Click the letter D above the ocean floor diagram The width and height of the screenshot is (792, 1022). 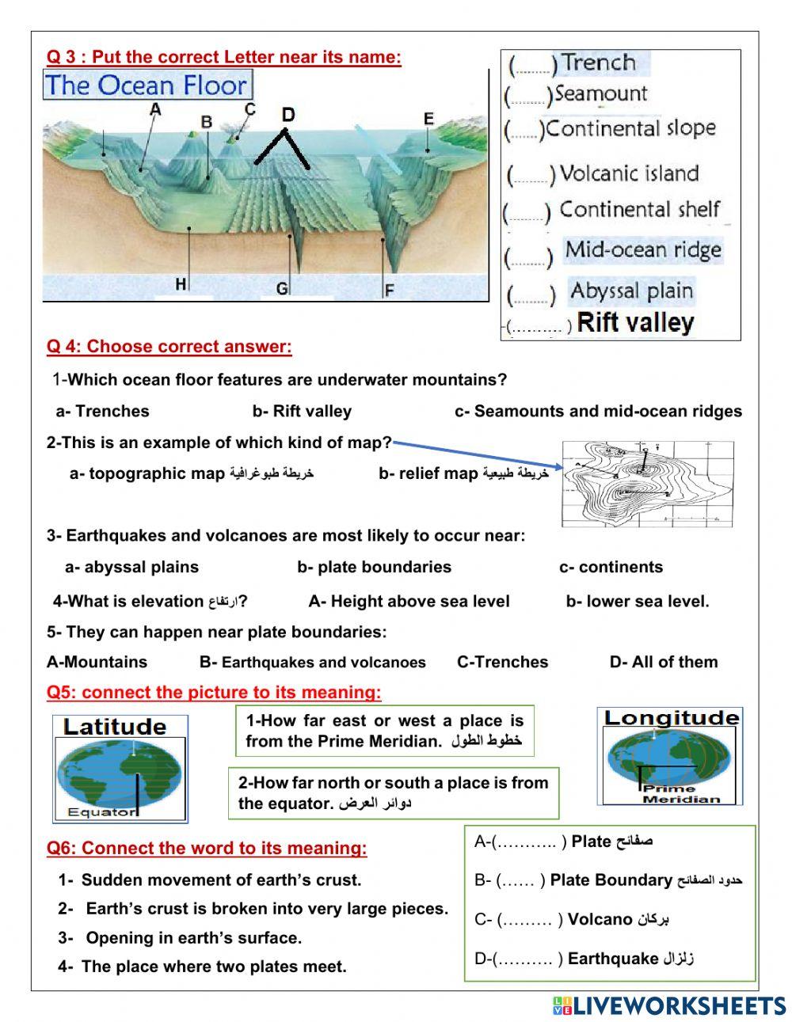click(287, 115)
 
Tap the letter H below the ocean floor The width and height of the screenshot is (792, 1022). click(181, 284)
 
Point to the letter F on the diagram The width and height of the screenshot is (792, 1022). click(389, 291)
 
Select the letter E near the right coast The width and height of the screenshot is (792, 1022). click(428, 119)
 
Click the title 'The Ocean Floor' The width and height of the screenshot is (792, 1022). click(147, 85)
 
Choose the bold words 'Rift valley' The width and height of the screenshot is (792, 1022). click(635, 323)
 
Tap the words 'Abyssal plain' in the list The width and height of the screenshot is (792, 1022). click(631, 291)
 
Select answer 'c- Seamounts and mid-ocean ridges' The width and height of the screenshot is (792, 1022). click(598, 411)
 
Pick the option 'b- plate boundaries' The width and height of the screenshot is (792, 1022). click(374, 567)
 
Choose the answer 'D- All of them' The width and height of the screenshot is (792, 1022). click(663, 662)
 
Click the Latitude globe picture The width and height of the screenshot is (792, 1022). click(120, 768)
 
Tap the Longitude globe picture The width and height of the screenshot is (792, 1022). click(670, 756)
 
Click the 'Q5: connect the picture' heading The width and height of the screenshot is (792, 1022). click(214, 693)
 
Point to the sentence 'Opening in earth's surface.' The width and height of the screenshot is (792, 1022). click(193, 938)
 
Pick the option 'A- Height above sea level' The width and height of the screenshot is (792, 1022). click(409, 601)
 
